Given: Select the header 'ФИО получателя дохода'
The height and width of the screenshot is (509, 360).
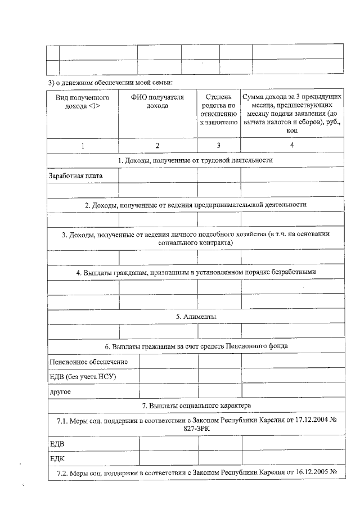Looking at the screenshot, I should [x=157, y=101].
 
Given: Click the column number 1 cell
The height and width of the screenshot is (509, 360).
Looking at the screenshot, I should [x=82, y=145].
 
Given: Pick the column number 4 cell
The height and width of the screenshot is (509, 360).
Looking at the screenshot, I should [x=292, y=145].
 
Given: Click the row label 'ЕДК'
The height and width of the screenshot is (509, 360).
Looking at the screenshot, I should [x=57, y=459].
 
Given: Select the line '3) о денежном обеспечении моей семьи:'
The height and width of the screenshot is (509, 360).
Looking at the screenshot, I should [x=110, y=83].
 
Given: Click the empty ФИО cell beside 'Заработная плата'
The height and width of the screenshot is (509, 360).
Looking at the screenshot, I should [x=157, y=175].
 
